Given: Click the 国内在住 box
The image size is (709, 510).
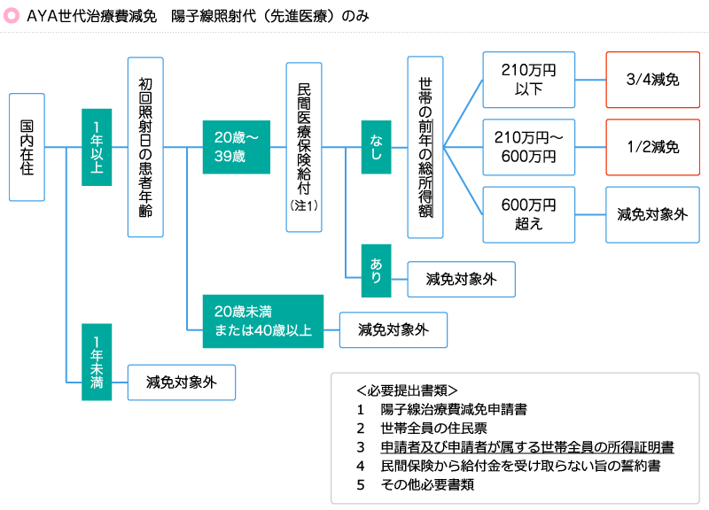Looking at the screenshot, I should point(27,147).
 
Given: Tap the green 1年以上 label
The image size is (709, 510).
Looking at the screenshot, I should point(97,147).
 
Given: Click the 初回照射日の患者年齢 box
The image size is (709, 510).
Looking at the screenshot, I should point(146,147).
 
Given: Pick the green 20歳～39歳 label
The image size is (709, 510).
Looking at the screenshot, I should point(236,147).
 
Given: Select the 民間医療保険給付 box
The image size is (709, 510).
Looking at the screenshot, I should point(304,147).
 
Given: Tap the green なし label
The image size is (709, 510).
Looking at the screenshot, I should point(376,147).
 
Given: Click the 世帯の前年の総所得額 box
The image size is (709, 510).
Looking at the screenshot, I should point(425,147).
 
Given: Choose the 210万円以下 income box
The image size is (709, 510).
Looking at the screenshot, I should point(528,80).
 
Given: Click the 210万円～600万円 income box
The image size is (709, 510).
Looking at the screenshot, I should point(528,147).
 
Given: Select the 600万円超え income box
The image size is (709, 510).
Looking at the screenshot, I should point(528,214).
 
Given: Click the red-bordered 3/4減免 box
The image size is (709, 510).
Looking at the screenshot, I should point(651,80).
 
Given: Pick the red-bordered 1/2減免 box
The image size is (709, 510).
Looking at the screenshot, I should point(651,147).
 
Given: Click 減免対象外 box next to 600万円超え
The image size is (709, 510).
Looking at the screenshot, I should point(651,214).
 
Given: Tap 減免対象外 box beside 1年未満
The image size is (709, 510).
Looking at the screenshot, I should point(182,383).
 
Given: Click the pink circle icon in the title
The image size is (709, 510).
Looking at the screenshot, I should point(12,17).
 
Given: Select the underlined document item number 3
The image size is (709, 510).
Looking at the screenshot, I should point(526,446).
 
